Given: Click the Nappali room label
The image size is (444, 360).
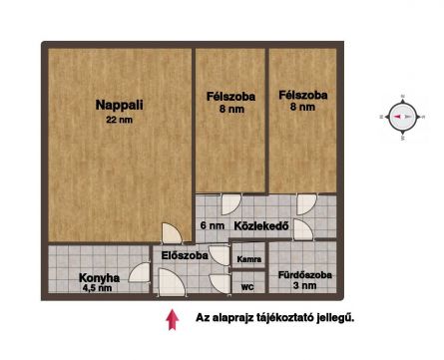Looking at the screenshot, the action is (x=119, y=105).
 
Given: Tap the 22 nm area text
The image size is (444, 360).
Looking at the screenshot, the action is (x=119, y=120).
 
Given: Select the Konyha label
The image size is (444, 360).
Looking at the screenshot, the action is (x=99, y=277).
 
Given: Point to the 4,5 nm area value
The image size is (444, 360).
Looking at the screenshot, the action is (x=97, y=288).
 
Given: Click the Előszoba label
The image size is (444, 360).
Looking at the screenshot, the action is (x=185, y=255).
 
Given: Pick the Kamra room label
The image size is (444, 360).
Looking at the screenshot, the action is (x=248, y=259).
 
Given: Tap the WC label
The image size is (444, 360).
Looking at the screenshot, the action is (x=247, y=287).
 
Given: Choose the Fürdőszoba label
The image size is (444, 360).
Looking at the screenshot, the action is (x=304, y=275).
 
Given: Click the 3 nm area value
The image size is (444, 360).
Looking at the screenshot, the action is (x=304, y=285).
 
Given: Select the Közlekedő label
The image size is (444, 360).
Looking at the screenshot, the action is (x=261, y=226).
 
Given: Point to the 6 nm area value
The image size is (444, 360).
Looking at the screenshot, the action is (x=213, y=225).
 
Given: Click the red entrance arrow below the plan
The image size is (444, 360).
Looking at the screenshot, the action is (x=173, y=319).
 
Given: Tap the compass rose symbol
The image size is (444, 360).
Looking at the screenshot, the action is (x=403, y=117).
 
